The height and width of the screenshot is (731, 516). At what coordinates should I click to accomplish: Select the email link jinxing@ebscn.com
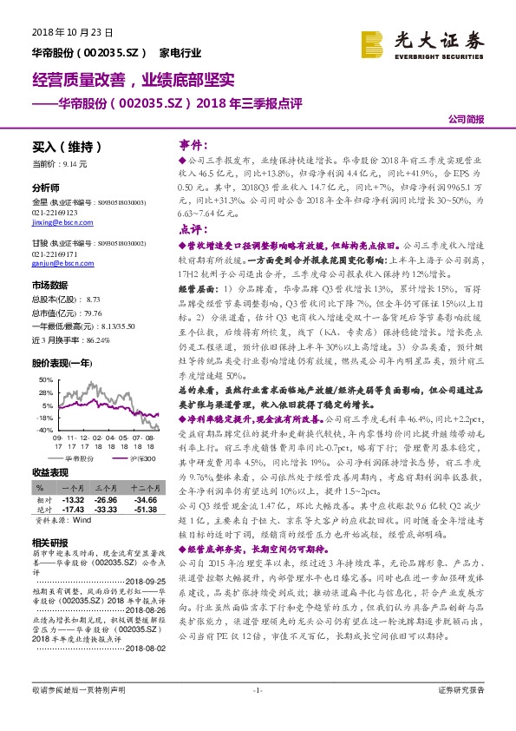[55, 223]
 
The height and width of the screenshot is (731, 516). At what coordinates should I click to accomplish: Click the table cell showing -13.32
[74, 500]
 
